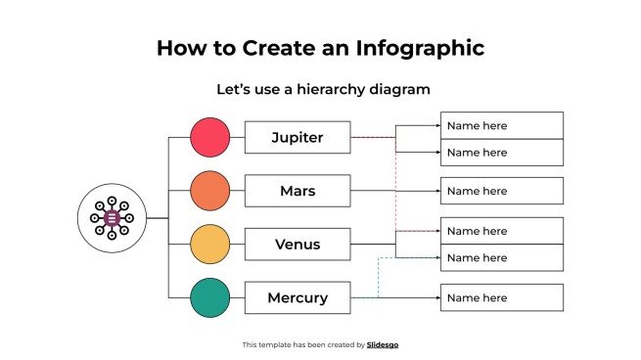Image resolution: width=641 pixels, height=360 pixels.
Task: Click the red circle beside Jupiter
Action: pos(209,137)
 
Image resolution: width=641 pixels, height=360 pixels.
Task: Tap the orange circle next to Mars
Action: pos(209,191)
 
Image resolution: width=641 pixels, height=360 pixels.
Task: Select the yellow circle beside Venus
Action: pos(209,244)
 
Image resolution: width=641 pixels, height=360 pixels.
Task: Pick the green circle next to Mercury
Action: pos(209,297)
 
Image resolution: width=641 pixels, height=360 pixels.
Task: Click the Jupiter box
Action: pos(297,138)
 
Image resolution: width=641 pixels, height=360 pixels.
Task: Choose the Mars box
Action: pos(297,191)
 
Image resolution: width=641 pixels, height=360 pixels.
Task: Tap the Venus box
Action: pos(297,245)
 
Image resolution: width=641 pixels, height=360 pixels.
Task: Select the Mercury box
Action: pos(297,297)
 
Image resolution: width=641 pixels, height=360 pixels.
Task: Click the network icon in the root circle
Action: pos(112,217)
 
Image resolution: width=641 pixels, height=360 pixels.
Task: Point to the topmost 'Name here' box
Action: pos(501,125)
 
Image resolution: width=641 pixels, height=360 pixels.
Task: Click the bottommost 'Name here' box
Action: pos(501,297)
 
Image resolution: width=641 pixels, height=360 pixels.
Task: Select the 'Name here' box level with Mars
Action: pos(501,191)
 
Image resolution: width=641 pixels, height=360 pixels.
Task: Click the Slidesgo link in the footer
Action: pos(383,344)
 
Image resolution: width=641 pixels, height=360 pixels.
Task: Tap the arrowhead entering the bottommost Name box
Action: pos(436,297)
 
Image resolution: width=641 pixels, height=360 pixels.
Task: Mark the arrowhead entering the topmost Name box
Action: pos(436,125)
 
